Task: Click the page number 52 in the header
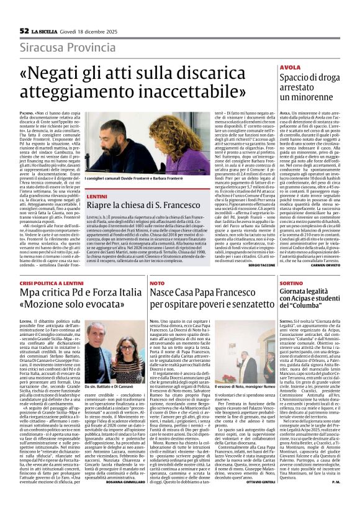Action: tap(24, 30)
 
